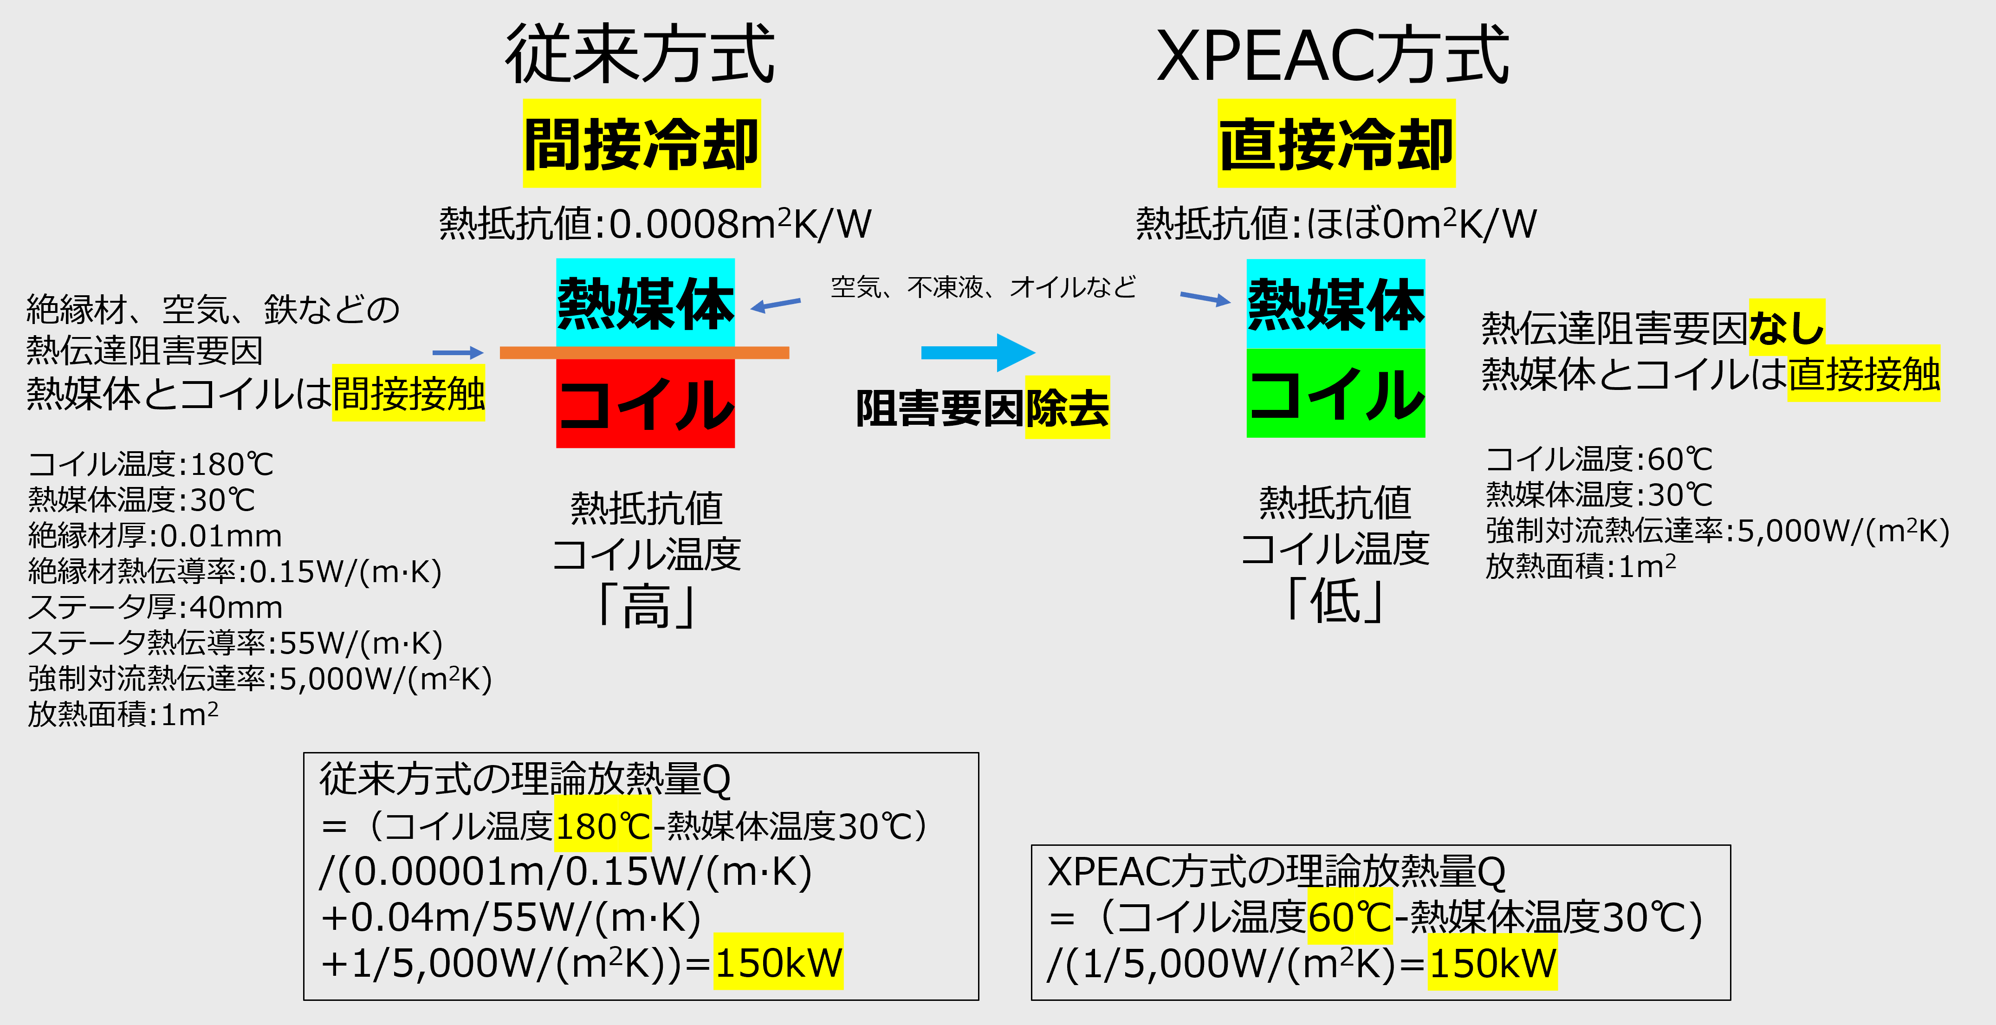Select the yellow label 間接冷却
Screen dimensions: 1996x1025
point(642,143)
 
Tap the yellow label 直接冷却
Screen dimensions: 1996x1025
point(1336,143)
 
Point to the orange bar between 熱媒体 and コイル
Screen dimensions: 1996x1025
point(645,352)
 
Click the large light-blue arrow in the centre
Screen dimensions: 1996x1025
point(978,352)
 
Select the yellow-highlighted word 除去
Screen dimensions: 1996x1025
point(1068,408)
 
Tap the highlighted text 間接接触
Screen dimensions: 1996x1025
point(408,393)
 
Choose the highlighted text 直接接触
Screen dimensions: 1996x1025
point(1864,373)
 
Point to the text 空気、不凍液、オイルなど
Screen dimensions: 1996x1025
point(983,287)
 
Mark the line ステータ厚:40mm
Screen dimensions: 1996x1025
point(155,607)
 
